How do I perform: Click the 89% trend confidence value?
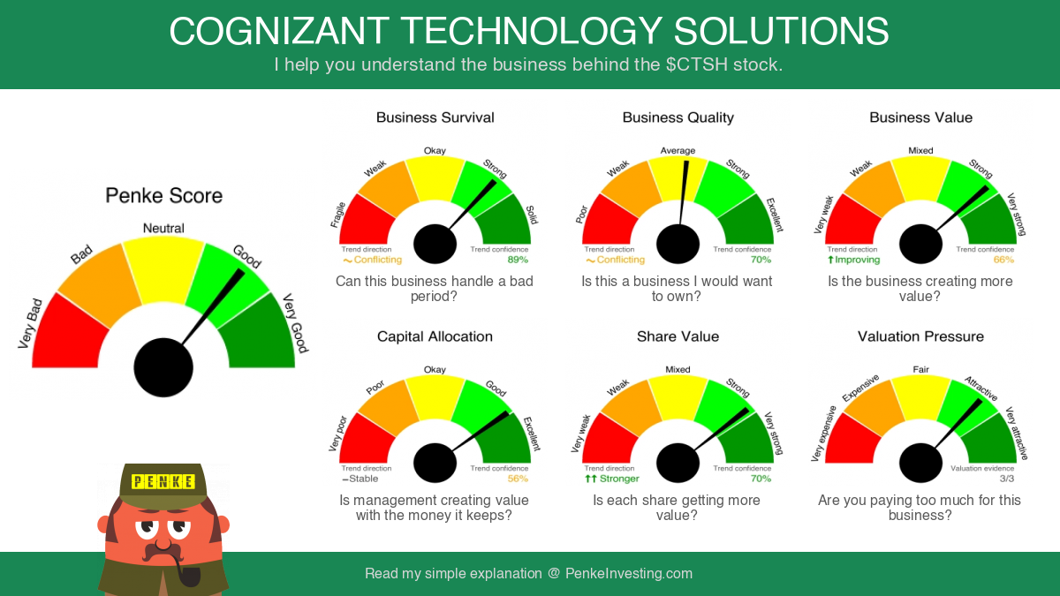coord(518,260)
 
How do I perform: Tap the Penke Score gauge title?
coord(163,195)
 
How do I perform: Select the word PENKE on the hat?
coord(163,481)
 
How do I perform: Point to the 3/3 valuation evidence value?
coord(1006,479)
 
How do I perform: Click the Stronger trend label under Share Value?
coord(612,479)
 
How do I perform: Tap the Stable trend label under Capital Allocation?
coord(360,479)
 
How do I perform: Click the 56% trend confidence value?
coord(518,479)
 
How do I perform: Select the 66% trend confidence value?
coord(1003,260)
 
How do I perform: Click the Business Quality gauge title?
coord(678,117)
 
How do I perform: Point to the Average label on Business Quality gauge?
coord(678,150)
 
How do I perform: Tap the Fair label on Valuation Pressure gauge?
coord(920,369)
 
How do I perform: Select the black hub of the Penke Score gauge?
coord(163,367)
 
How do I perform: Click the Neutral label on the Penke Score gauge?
coord(163,228)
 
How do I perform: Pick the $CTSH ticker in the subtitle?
coord(697,64)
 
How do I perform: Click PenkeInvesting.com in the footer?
coord(628,573)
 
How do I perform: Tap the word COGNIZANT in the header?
coord(279,31)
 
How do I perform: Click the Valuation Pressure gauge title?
coord(920,336)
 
